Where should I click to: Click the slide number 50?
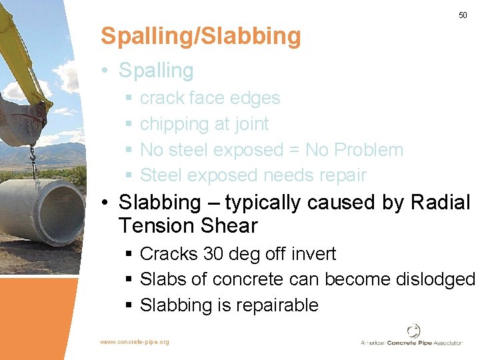(463, 15)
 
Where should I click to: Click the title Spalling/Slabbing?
(201, 36)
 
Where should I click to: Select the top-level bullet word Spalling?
(156, 71)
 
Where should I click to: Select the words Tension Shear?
(188, 226)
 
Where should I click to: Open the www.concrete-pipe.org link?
(135, 342)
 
